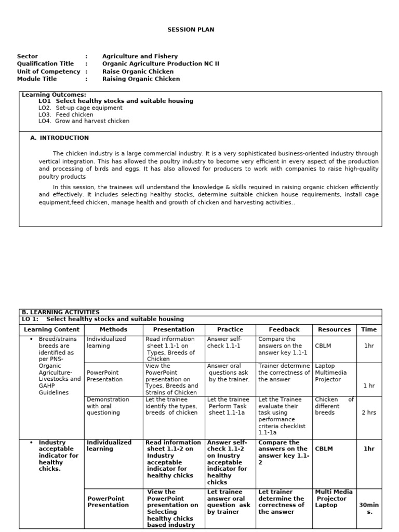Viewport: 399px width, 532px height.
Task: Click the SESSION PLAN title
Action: point(191,30)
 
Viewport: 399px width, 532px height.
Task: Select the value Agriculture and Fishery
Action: point(140,56)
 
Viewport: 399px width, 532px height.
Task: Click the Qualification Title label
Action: point(45,63)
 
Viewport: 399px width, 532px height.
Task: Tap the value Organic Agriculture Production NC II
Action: point(161,63)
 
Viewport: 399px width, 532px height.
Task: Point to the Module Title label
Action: point(37,79)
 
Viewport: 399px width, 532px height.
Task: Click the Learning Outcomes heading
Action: point(54,95)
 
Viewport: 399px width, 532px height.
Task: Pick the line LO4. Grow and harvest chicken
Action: point(84,121)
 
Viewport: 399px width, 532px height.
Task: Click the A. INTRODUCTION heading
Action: point(60,138)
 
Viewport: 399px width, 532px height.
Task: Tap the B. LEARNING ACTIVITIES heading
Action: point(60,312)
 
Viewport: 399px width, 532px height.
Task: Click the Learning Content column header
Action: point(52,329)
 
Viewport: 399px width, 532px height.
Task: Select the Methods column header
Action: point(113,329)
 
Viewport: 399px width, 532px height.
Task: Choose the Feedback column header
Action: point(284,329)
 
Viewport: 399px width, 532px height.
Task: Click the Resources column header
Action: point(334,329)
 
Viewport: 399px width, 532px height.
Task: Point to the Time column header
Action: point(369,329)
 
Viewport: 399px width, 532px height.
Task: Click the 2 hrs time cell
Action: point(369,413)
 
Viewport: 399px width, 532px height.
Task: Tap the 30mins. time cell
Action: point(369,508)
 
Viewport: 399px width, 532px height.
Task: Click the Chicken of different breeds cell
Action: point(334,406)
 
